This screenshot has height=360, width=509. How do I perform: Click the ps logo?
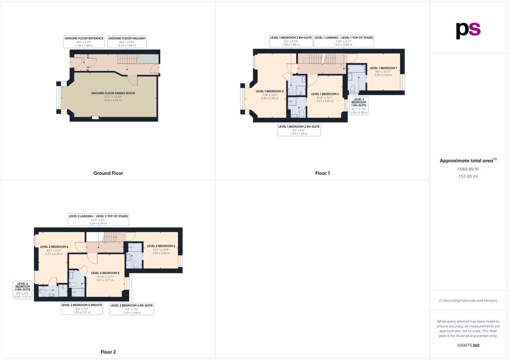(468, 30)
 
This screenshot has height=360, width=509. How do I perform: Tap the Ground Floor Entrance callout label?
(84, 41)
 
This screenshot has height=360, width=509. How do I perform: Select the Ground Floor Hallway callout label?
(127, 41)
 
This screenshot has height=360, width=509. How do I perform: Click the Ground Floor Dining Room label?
(113, 96)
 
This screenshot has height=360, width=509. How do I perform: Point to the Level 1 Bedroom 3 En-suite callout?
(291, 41)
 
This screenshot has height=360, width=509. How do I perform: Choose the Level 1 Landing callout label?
(343, 41)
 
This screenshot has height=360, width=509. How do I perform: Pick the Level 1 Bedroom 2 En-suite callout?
(299, 130)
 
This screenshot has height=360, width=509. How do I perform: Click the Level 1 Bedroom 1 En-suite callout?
(359, 106)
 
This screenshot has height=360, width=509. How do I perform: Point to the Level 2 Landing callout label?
(98, 219)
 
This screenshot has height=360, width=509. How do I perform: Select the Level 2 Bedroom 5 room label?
(105, 276)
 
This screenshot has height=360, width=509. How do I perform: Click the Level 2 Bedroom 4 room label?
(161, 249)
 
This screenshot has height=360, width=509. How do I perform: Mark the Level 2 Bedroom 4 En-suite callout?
(132, 309)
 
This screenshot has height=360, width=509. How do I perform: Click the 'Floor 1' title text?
(322, 173)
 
